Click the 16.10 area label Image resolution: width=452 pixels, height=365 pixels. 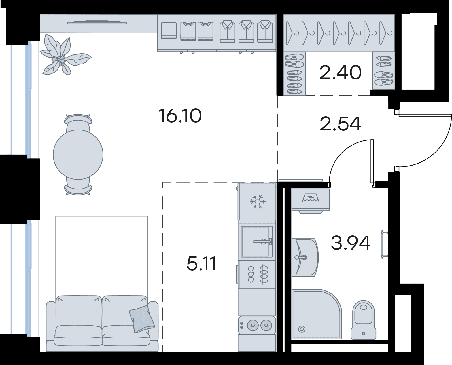coord(180,116)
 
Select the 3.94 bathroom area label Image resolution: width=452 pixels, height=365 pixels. coord(351,243)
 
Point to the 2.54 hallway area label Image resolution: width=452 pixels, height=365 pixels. coord(340,124)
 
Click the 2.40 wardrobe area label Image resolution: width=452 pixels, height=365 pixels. coord(340,73)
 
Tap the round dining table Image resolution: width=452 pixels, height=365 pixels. coord(78,155)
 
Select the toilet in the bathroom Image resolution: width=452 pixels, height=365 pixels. coord(363,320)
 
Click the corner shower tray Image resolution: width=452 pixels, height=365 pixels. coord(317,314)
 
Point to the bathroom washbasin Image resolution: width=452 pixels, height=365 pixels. coord(305,258)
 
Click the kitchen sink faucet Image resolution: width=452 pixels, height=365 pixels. coord(263,241)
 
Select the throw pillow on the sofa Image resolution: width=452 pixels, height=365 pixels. coord(142,319)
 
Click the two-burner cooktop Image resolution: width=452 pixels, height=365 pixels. coord(257,325)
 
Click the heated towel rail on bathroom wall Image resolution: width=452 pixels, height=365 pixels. coord(384,244)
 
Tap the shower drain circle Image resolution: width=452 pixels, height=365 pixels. coord(302,329)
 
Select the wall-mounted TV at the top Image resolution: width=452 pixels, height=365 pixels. coord(97,22)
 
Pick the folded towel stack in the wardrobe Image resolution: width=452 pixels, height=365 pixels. coord(169,31)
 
